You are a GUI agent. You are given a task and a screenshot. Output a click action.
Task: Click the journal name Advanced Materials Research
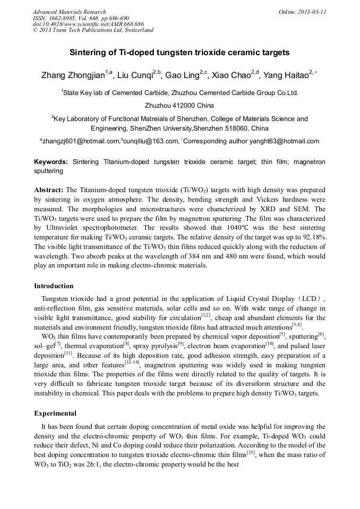point(69,12)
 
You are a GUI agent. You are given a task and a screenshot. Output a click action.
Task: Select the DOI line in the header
point(88,24)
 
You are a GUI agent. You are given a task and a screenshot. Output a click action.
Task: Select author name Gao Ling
point(182,76)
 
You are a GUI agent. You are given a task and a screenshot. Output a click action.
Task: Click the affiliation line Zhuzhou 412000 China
point(179,106)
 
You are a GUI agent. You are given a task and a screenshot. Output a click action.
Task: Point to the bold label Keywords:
point(51,161)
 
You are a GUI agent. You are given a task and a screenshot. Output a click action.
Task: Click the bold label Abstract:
point(49,189)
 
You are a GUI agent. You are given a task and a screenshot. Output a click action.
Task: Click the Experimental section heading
point(55,413)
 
